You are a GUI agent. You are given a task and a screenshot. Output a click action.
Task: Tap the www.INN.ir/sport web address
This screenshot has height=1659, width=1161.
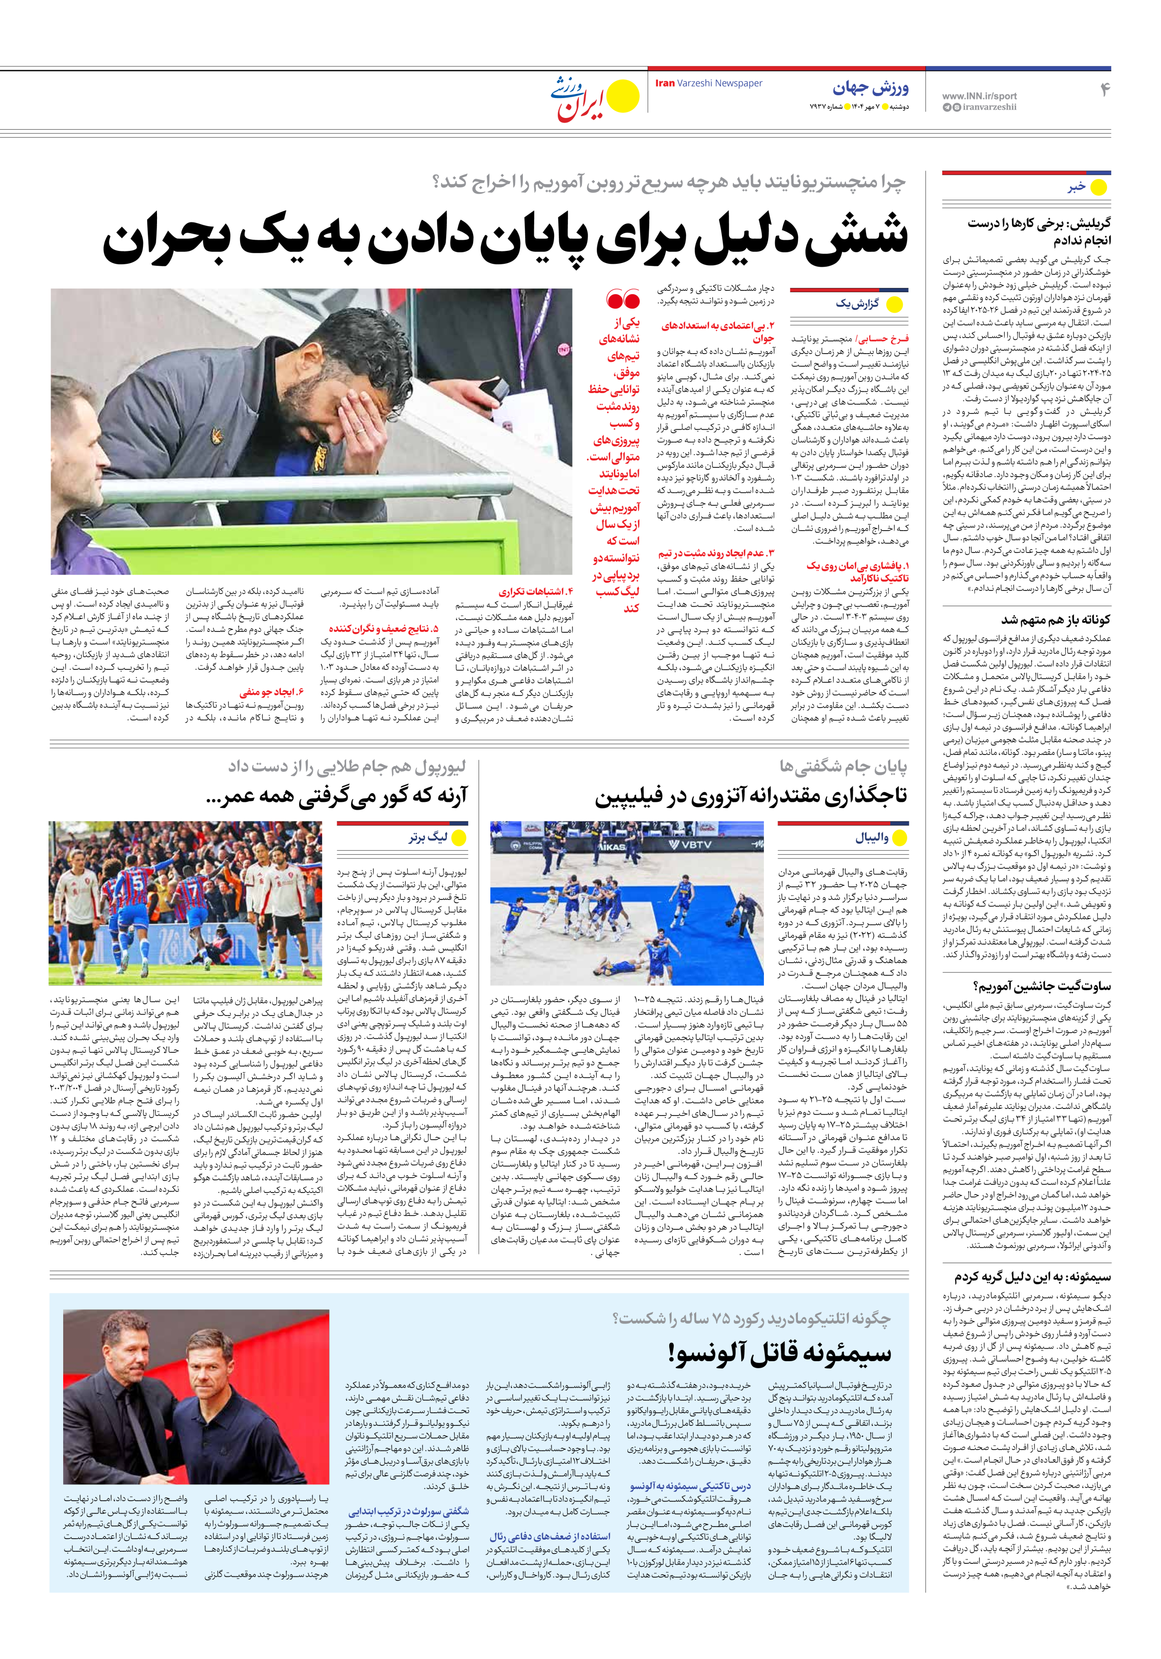tap(979, 95)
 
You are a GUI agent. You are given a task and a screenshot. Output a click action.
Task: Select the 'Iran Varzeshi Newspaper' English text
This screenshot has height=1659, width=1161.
tap(708, 83)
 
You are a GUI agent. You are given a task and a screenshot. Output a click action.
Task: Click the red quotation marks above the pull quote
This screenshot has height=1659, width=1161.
tap(623, 298)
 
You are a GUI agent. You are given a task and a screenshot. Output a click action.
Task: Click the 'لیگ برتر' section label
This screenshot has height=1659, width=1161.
tap(428, 838)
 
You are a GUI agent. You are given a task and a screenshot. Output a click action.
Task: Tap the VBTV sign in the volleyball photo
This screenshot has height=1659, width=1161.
tap(690, 844)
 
